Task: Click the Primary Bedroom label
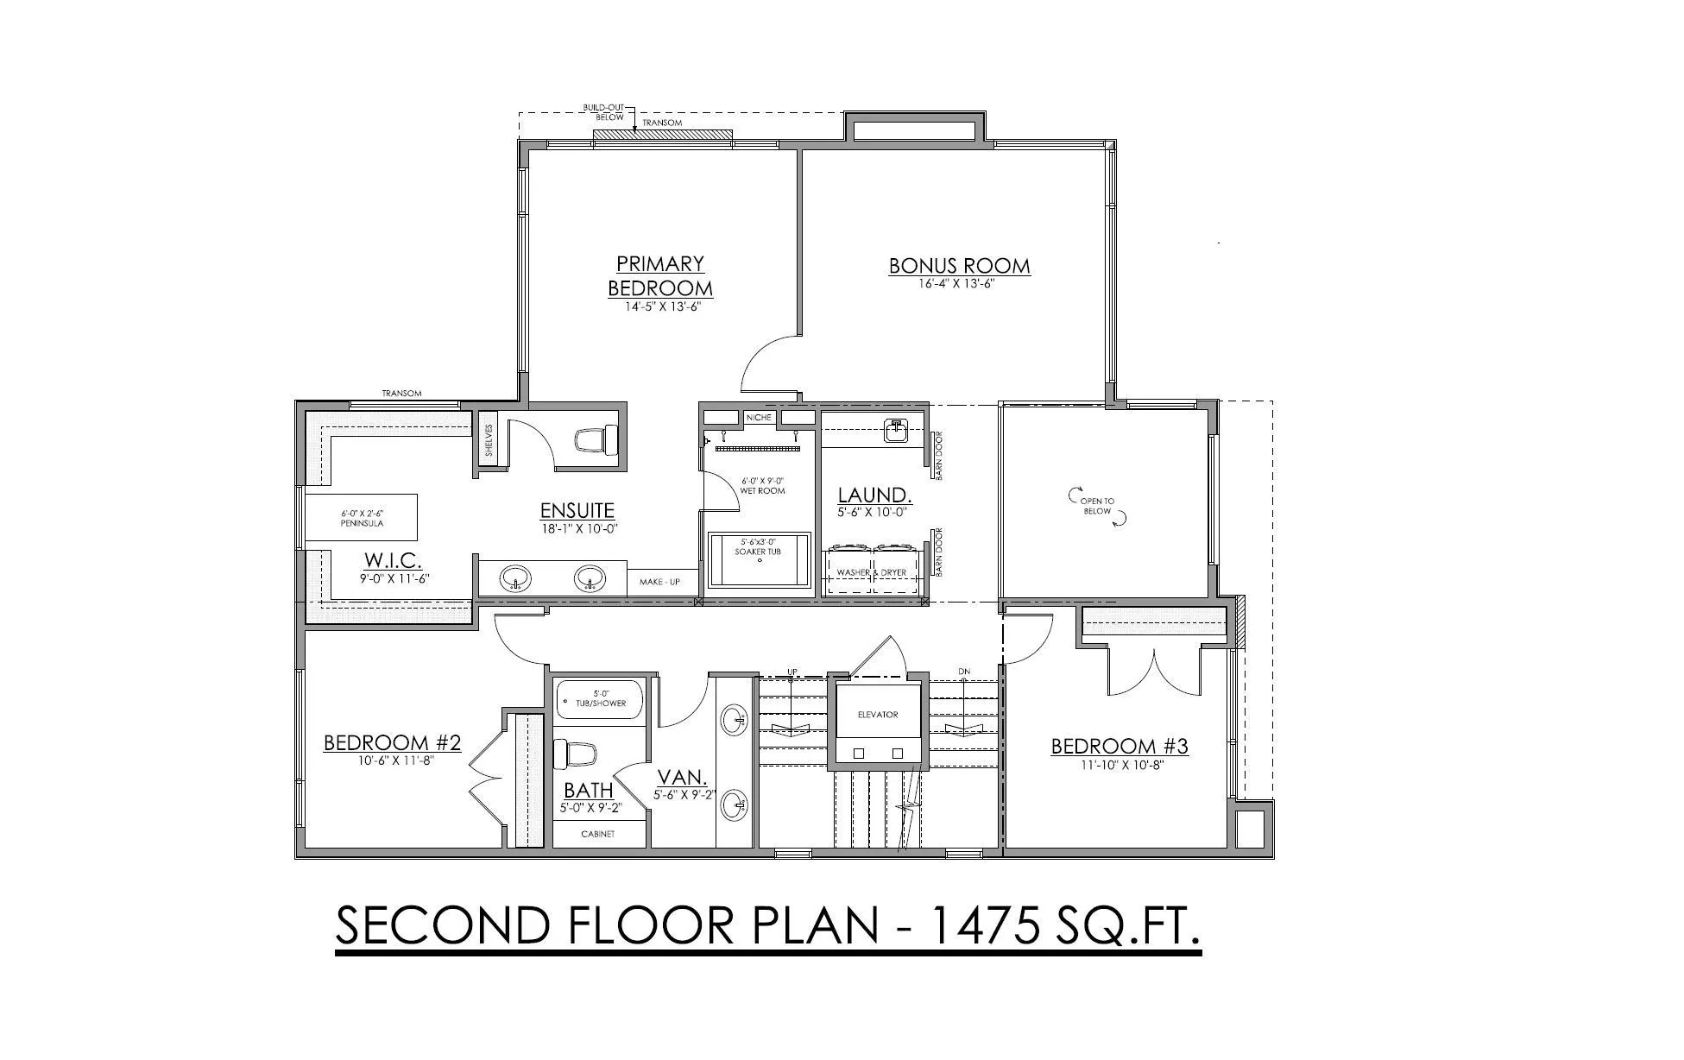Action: (x=660, y=275)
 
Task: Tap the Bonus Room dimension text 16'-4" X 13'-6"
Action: (x=959, y=283)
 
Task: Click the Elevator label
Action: (x=878, y=715)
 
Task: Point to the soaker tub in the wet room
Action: (x=760, y=561)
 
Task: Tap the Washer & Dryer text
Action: (x=872, y=572)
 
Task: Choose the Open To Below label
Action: (x=1097, y=506)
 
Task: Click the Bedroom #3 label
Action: (x=1120, y=747)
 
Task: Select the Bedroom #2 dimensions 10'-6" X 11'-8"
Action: (x=392, y=760)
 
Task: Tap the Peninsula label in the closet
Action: (x=363, y=523)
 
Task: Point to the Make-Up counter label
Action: (x=659, y=582)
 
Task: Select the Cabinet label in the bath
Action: (x=597, y=835)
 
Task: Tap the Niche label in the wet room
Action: (x=760, y=417)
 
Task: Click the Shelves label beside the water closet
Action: (x=489, y=439)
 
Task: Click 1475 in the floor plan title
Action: (x=975, y=924)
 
